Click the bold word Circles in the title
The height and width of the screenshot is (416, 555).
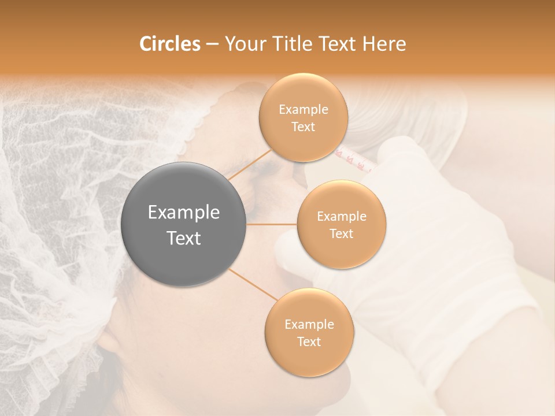click(169, 44)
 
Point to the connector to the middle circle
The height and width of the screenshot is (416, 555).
click(272, 224)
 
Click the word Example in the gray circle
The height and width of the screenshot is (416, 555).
click(184, 213)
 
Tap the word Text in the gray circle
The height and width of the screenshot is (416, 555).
click(184, 238)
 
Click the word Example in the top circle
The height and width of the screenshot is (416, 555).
click(303, 110)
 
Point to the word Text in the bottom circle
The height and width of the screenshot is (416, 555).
click(309, 341)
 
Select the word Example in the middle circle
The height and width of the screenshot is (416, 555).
click(341, 217)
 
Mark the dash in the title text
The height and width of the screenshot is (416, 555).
click(212, 44)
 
